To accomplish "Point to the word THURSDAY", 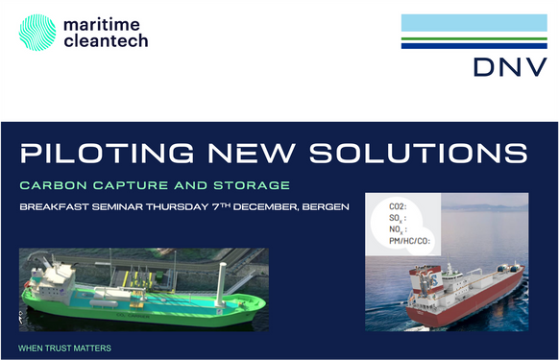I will pos(202,207).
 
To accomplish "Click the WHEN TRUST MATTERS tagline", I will pos(64,347).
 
